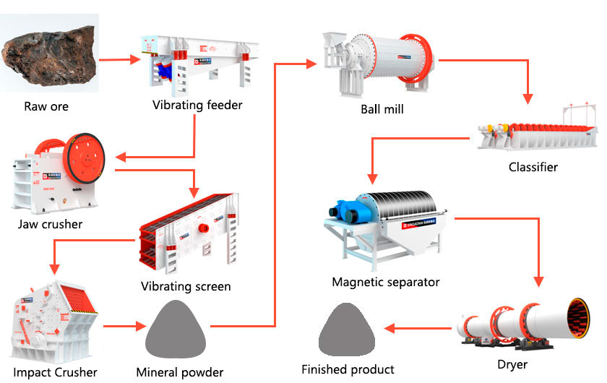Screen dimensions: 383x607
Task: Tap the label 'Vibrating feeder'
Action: pyautogui.click(x=197, y=106)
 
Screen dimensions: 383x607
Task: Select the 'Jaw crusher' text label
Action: pyautogui.click(x=51, y=224)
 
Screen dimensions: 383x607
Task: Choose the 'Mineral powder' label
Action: pyautogui.click(x=180, y=373)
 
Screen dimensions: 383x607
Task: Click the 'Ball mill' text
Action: pyautogui.click(x=382, y=110)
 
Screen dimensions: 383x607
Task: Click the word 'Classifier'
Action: pyautogui.click(x=533, y=167)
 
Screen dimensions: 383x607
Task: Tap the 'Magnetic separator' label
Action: pyautogui.click(x=386, y=282)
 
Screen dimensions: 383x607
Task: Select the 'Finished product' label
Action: pyautogui.click(x=348, y=369)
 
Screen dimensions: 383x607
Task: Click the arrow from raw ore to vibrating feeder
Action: pyautogui.click(x=119, y=61)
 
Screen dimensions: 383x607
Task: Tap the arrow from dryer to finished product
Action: pyautogui.click(x=419, y=329)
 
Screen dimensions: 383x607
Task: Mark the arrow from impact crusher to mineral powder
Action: pyautogui.click(x=122, y=327)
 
